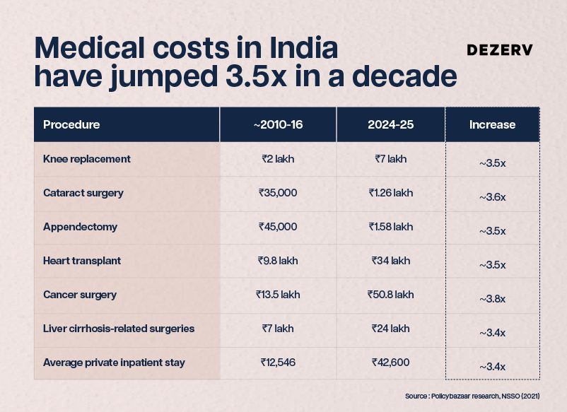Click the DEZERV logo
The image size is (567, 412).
pos(500,50)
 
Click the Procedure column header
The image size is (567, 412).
pos(71,124)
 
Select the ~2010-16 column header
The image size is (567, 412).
pos(278,124)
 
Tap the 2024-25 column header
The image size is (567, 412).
pos(390,124)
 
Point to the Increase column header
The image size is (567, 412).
pos(492,124)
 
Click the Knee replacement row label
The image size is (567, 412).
pos(87,159)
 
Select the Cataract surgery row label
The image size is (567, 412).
pos(83,193)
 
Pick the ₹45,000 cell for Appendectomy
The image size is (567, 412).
pos(278,227)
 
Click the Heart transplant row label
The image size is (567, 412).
pos(82,261)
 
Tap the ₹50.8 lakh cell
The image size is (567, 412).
pos(390,295)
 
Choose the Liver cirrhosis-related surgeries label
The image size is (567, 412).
pos(119,329)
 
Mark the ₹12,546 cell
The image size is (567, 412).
pos(278,362)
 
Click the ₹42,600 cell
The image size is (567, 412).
pos(390,362)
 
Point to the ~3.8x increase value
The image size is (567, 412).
pos(492,299)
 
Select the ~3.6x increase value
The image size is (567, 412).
pos(492,197)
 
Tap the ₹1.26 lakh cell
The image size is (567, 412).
pos(390,193)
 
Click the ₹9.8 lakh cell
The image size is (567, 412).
pos(278,261)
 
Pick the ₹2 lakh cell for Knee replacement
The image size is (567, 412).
pos(278,159)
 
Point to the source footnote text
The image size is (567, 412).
pos(472,396)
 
